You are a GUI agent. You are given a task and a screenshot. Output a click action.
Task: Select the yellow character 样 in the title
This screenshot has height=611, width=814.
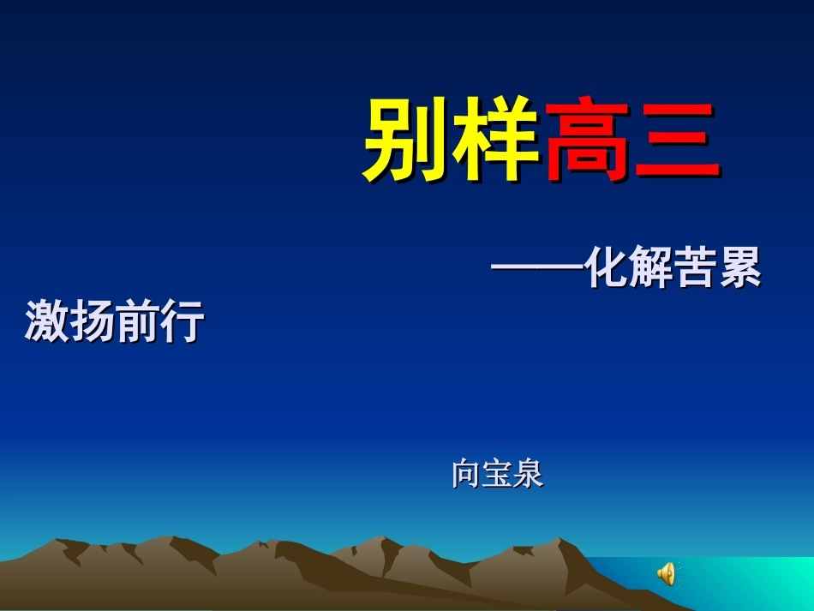tap(497, 139)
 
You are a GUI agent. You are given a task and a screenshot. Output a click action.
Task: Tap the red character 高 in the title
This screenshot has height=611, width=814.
tap(588, 139)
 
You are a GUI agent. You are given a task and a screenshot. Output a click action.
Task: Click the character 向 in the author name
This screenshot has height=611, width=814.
tap(466, 474)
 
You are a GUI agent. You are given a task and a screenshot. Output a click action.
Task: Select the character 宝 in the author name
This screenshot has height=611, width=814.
tap(497, 474)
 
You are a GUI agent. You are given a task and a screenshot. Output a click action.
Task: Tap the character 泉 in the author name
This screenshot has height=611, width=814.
tap(528, 474)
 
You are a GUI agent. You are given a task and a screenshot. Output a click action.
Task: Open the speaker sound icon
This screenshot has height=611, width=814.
tap(667, 573)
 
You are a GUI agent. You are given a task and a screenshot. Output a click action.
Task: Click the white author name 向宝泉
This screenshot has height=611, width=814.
tap(497, 474)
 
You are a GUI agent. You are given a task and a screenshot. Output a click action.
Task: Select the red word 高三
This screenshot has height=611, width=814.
tap(632, 140)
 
